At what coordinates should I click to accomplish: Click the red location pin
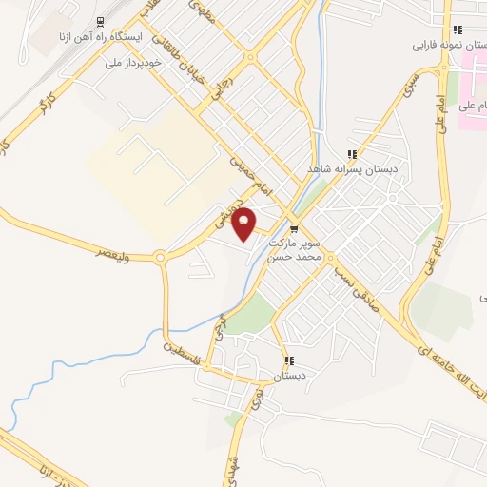pyautogui.click(x=244, y=224)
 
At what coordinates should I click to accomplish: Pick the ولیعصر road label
pyautogui.click(x=114, y=253)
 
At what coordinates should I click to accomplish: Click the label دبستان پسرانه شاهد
pyautogui.click(x=349, y=168)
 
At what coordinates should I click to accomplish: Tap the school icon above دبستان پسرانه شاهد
pyautogui.click(x=351, y=154)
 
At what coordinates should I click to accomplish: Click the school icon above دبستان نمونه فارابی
pyautogui.click(x=458, y=29)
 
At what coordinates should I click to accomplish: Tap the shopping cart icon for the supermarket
pyautogui.click(x=294, y=228)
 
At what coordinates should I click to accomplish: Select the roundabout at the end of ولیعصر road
pyautogui.click(x=160, y=256)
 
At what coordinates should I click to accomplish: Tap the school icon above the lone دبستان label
pyautogui.click(x=289, y=361)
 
